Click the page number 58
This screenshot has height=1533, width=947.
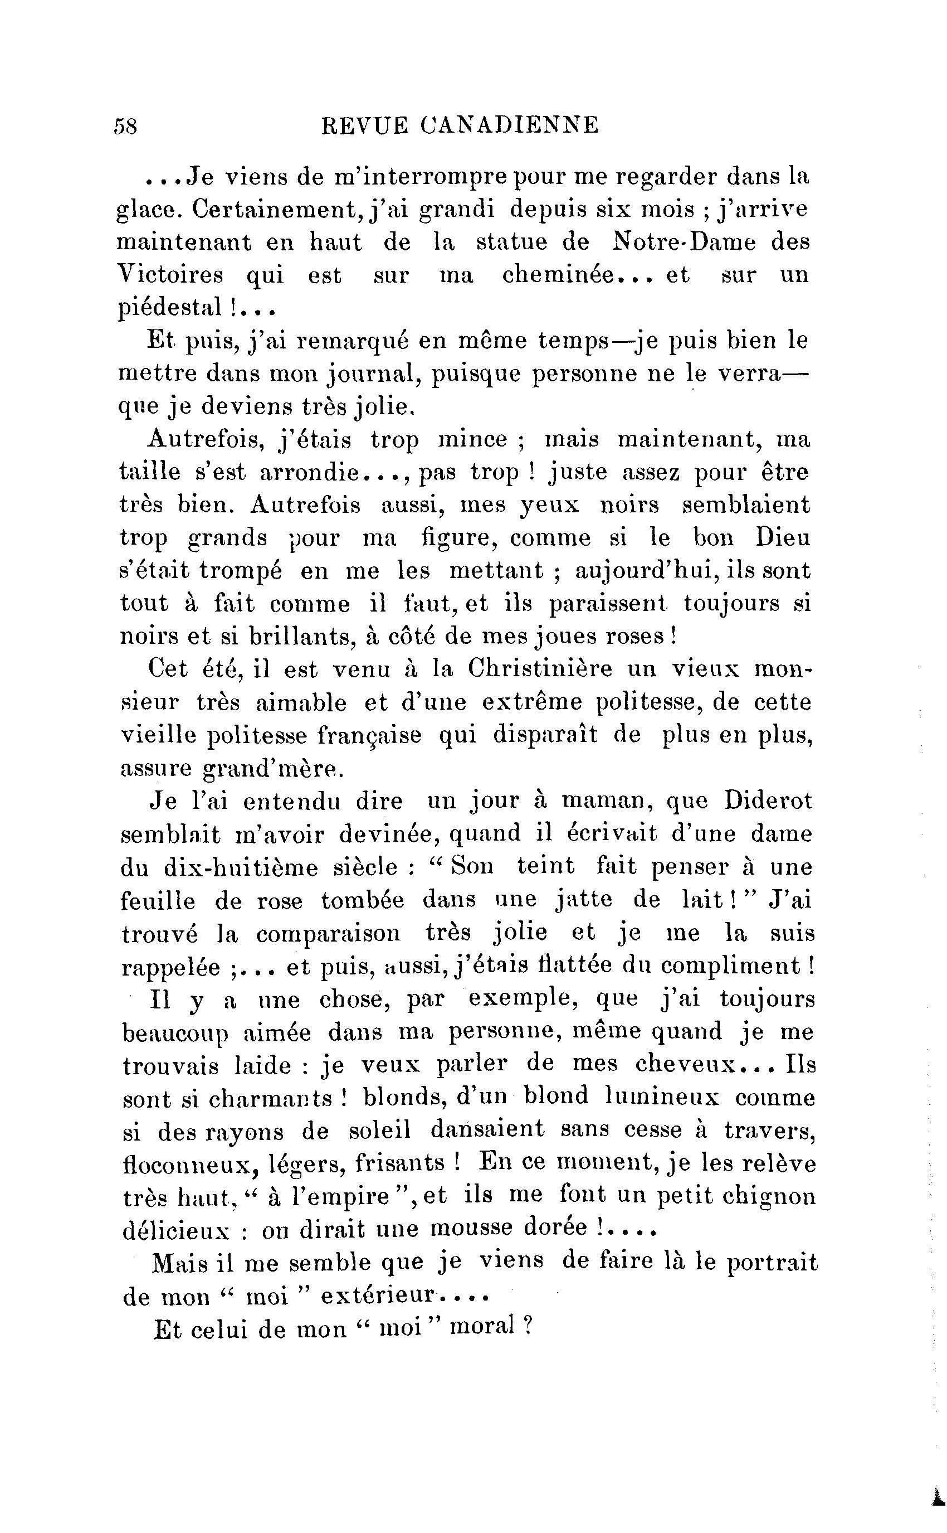tap(125, 127)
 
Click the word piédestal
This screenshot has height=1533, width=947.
tap(170, 308)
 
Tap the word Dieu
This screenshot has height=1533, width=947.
tap(783, 538)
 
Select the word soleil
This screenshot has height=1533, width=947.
tap(379, 1130)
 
